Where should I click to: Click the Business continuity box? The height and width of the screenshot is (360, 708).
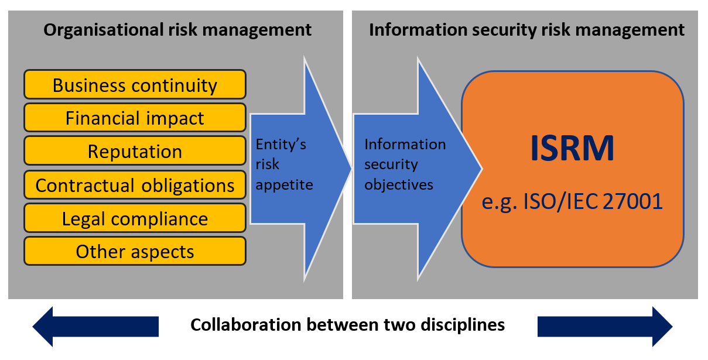135,85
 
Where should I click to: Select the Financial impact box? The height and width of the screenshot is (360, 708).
135,118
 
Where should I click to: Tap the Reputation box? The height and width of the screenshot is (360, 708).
135,152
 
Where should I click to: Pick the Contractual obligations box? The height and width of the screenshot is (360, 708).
135,185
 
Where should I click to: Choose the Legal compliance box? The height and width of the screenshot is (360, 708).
135,219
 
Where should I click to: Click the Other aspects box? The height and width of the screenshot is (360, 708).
135,252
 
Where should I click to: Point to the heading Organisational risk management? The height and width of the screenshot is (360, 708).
177,29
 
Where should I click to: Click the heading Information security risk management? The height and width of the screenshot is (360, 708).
526,29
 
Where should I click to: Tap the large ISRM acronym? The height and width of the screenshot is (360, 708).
572,149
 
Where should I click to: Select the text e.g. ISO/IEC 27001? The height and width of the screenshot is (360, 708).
572,201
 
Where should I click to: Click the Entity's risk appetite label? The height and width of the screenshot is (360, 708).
285,164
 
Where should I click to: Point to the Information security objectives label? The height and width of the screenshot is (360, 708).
404,164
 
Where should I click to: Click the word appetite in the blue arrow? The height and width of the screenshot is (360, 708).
285,185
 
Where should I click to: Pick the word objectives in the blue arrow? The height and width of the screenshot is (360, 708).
399,185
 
